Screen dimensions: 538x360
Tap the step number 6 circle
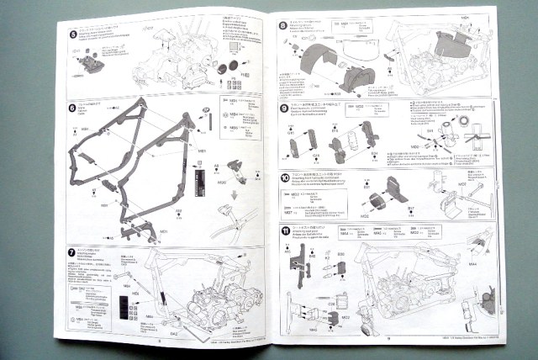(73, 109)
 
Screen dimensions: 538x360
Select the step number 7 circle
(73, 250)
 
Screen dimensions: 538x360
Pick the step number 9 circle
(283, 108)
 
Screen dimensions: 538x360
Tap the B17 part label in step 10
(412, 209)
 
